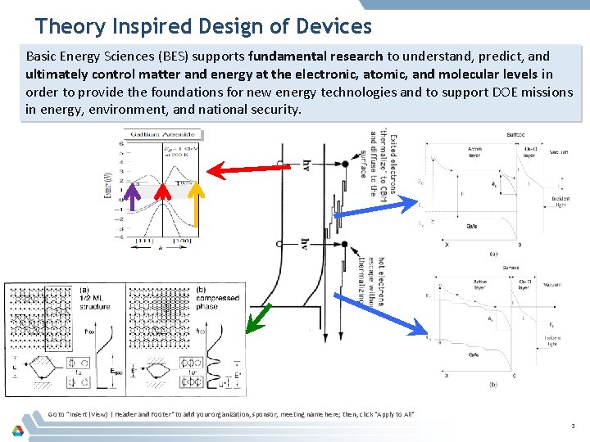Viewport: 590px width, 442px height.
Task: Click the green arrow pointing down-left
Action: pyautogui.click(x=261, y=317)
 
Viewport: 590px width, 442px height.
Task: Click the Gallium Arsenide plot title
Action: pyautogui.click(x=163, y=133)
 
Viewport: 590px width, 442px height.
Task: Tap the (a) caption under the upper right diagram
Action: pyautogui.click(x=492, y=254)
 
